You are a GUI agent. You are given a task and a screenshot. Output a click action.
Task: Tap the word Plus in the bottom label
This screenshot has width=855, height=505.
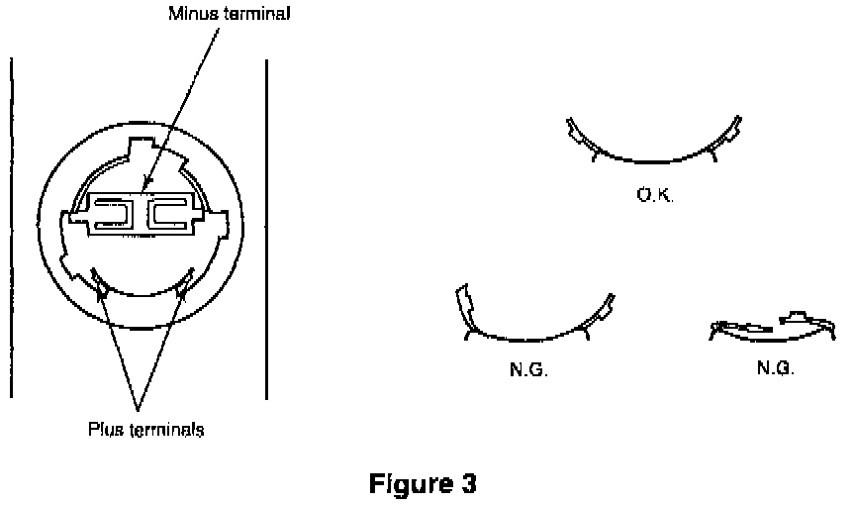click(103, 431)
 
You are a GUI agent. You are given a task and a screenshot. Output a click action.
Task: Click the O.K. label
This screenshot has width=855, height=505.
click(655, 196)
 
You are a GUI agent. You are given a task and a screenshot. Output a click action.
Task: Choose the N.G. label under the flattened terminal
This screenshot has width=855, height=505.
click(776, 366)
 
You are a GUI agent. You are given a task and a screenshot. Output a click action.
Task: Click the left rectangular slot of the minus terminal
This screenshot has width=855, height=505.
click(116, 214)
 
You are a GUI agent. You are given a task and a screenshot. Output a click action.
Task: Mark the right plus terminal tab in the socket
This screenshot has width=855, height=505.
click(184, 281)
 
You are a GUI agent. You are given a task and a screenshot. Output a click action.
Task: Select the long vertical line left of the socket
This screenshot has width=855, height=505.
click(11, 228)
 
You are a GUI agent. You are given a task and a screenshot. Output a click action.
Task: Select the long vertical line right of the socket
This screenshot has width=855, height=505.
click(266, 228)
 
